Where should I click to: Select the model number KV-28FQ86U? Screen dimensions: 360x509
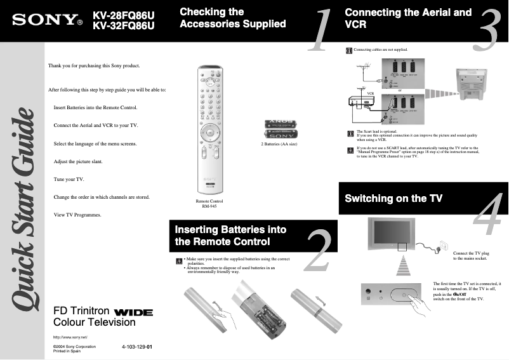point(124,14)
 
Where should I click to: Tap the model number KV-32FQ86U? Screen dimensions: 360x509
point(124,26)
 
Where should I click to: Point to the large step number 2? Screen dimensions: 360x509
point(317,250)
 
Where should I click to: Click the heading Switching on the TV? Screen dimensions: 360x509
point(393,199)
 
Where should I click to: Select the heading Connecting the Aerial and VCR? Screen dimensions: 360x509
point(408,18)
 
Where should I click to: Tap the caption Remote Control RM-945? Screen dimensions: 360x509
point(209,204)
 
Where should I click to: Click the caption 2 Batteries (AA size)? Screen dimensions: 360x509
point(279,145)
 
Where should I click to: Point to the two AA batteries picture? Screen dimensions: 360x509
point(279,130)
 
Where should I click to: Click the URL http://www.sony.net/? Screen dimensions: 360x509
point(70,337)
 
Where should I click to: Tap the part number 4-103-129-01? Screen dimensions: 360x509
point(137,347)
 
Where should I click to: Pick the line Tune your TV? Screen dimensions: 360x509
point(69,179)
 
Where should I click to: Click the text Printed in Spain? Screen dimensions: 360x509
point(67,351)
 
